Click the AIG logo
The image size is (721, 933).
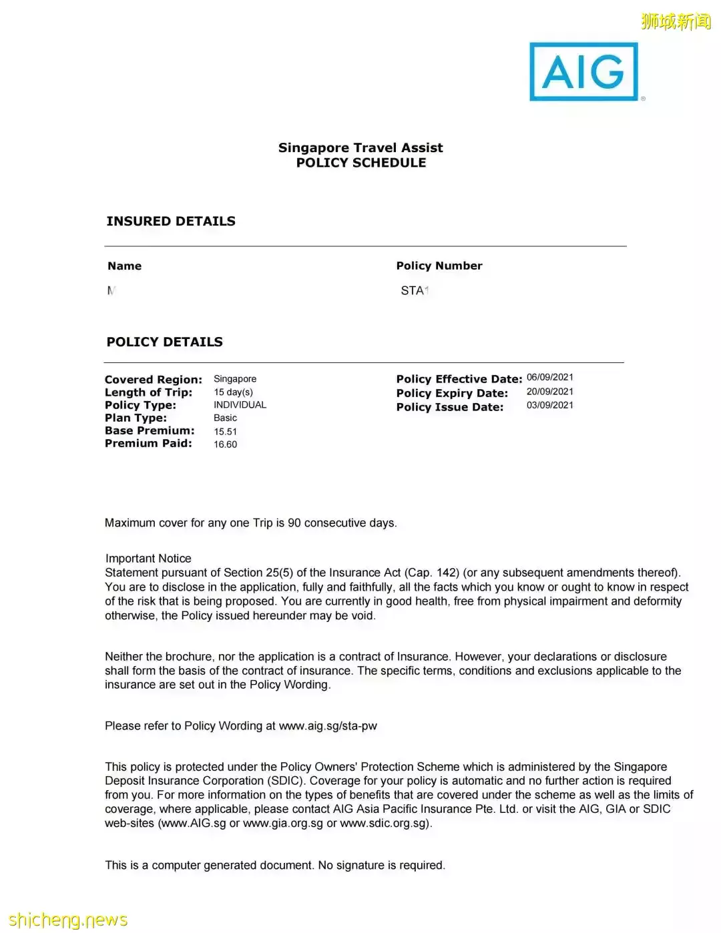point(584,72)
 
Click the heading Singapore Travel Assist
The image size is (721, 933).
point(360,147)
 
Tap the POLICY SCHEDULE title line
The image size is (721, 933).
point(361,163)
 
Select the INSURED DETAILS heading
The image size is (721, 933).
point(171,221)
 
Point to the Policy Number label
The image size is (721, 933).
point(439,266)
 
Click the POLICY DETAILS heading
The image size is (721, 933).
point(165,342)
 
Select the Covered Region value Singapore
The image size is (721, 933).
point(235,379)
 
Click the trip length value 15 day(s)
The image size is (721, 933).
point(233,392)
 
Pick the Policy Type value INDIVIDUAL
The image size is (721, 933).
point(240,405)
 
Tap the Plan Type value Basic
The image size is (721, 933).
point(225,418)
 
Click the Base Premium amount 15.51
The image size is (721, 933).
point(225,432)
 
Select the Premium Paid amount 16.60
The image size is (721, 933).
point(225,444)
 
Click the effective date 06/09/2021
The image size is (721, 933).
point(550,377)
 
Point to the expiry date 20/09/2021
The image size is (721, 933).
point(550,392)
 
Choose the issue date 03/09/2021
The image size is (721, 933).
point(550,405)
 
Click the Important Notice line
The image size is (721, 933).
point(148,559)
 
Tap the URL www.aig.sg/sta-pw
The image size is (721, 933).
point(328,726)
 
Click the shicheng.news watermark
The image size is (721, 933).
point(68,920)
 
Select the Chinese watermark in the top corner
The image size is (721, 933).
point(676,21)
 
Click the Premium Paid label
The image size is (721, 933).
point(148,443)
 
